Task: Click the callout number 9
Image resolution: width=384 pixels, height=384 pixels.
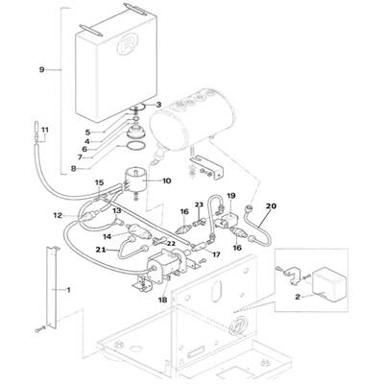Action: tap(41, 69)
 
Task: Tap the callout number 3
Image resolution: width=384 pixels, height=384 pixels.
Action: tap(159, 105)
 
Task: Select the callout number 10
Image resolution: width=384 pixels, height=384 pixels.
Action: tap(167, 180)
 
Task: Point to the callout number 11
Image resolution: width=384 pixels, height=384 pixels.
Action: tap(45, 130)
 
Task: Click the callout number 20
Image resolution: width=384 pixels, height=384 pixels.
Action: tap(271, 206)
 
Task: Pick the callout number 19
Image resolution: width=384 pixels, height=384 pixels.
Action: tap(231, 195)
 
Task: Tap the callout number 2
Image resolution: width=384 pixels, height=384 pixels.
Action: tap(298, 297)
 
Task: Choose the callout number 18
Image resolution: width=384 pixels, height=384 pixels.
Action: tap(163, 300)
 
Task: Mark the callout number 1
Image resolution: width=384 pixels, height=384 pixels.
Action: tap(68, 290)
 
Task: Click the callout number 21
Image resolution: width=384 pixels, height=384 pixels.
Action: tap(101, 250)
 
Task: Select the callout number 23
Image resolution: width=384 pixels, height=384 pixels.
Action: tap(199, 204)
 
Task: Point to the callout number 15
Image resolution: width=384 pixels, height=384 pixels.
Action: tap(100, 182)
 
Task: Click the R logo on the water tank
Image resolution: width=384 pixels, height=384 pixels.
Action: tap(126, 47)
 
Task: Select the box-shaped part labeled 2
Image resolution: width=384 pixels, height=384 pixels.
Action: tap(329, 284)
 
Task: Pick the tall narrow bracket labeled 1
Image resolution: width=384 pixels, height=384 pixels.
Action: tap(52, 287)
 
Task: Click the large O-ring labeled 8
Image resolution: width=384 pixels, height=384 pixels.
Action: tap(135, 146)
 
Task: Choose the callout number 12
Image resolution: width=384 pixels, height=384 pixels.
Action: tap(58, 216)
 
